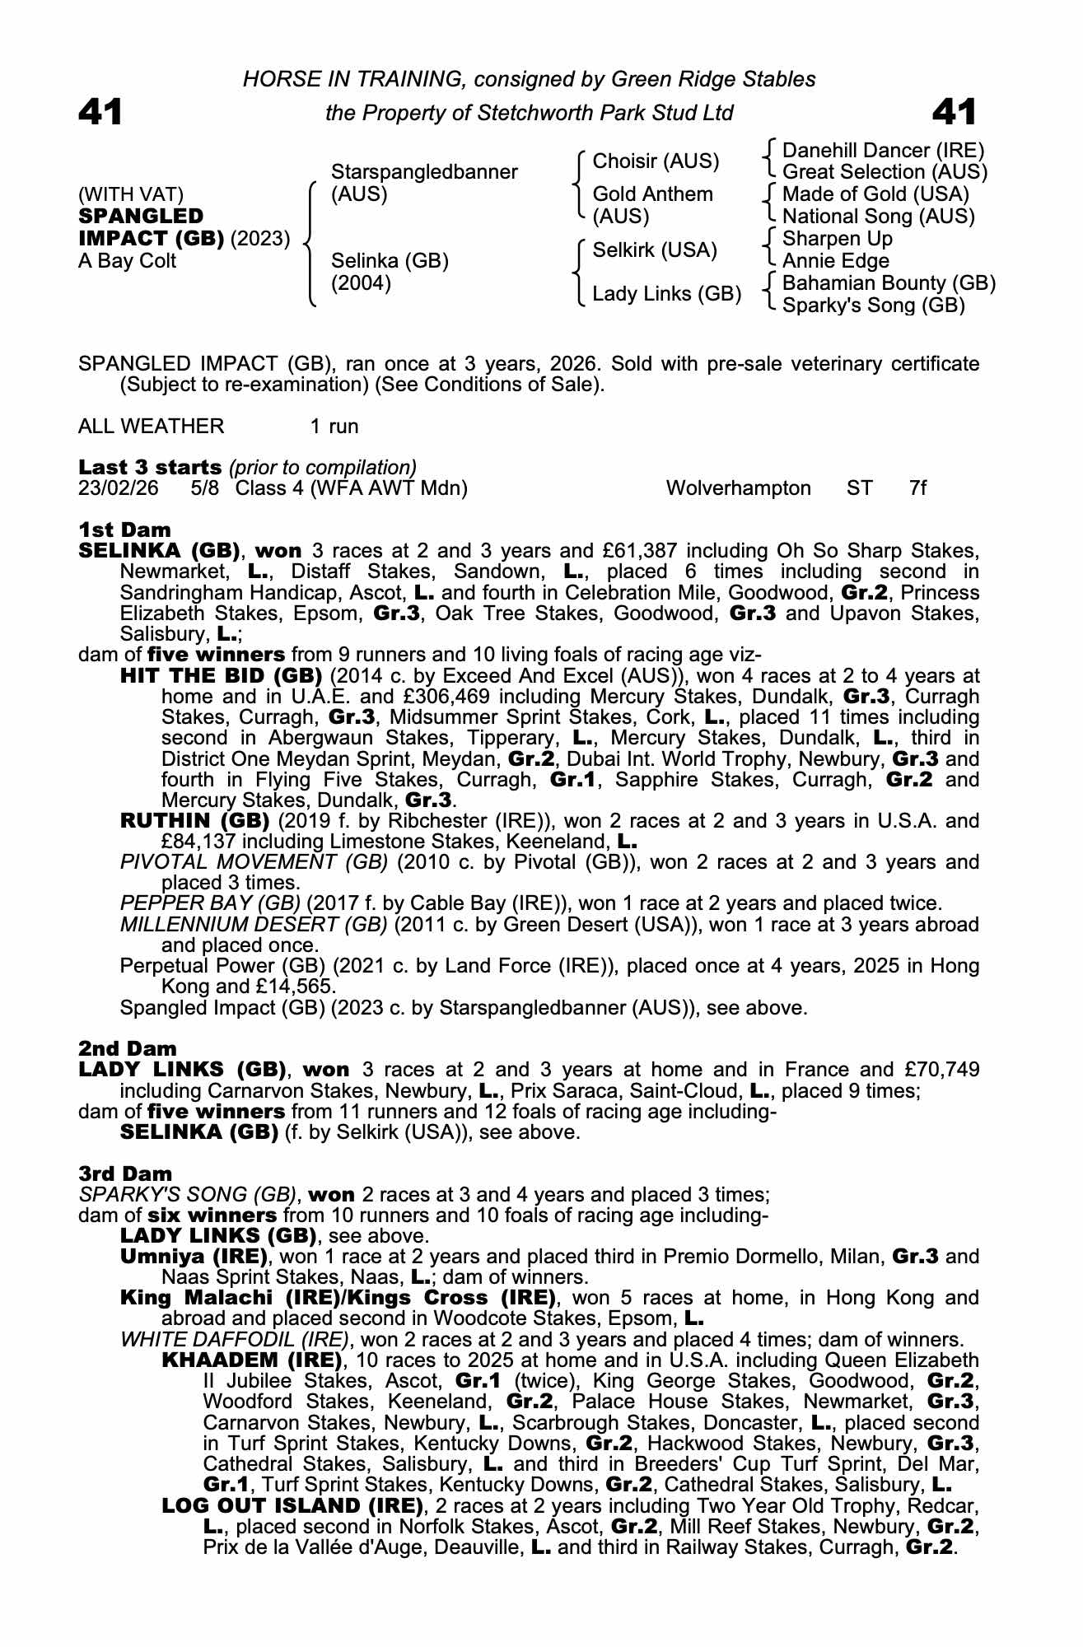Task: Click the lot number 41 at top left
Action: coord(100,113)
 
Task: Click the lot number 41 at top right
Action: coord(955,113)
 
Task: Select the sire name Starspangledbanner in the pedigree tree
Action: coord(424,172)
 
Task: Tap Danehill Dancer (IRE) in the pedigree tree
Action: coord(883,151)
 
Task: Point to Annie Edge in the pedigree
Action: coord(835,261)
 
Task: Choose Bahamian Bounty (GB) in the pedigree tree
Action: coord(889,283)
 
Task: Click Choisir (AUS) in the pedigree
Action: coord(656,161)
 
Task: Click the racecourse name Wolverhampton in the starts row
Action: coord(738,488)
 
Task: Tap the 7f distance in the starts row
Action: coord(917,488)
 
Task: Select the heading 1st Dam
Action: coord(124,530)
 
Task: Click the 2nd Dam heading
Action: coord(128,1048)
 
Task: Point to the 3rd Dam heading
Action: coord(126,1173)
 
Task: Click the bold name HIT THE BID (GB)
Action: coord(221,676)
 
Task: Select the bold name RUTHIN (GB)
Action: coord(194,821)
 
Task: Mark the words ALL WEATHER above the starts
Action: coord(151,427)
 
